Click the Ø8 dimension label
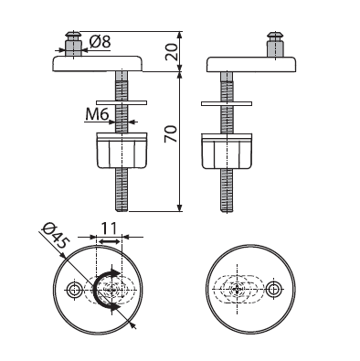click(x=100, y=41)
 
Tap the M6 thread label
click(x=97, y=115)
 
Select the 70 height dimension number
click(x=171, y=133)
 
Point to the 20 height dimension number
click(x=171, y=51)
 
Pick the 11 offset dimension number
click(x=109, y=228)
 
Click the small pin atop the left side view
click(x=73, y=43)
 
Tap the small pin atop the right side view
click(x=276, y=44)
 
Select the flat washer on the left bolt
click(x=122, y=102)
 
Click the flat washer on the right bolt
click(x=227, y=103)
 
